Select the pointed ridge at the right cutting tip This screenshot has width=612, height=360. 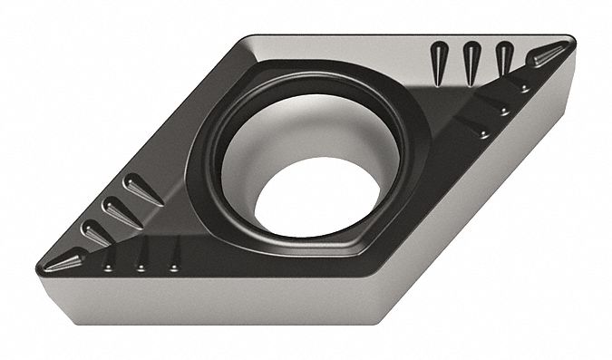[550, 54]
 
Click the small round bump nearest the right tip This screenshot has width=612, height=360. [524, 87]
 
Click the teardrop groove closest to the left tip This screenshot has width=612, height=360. [95, 234]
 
